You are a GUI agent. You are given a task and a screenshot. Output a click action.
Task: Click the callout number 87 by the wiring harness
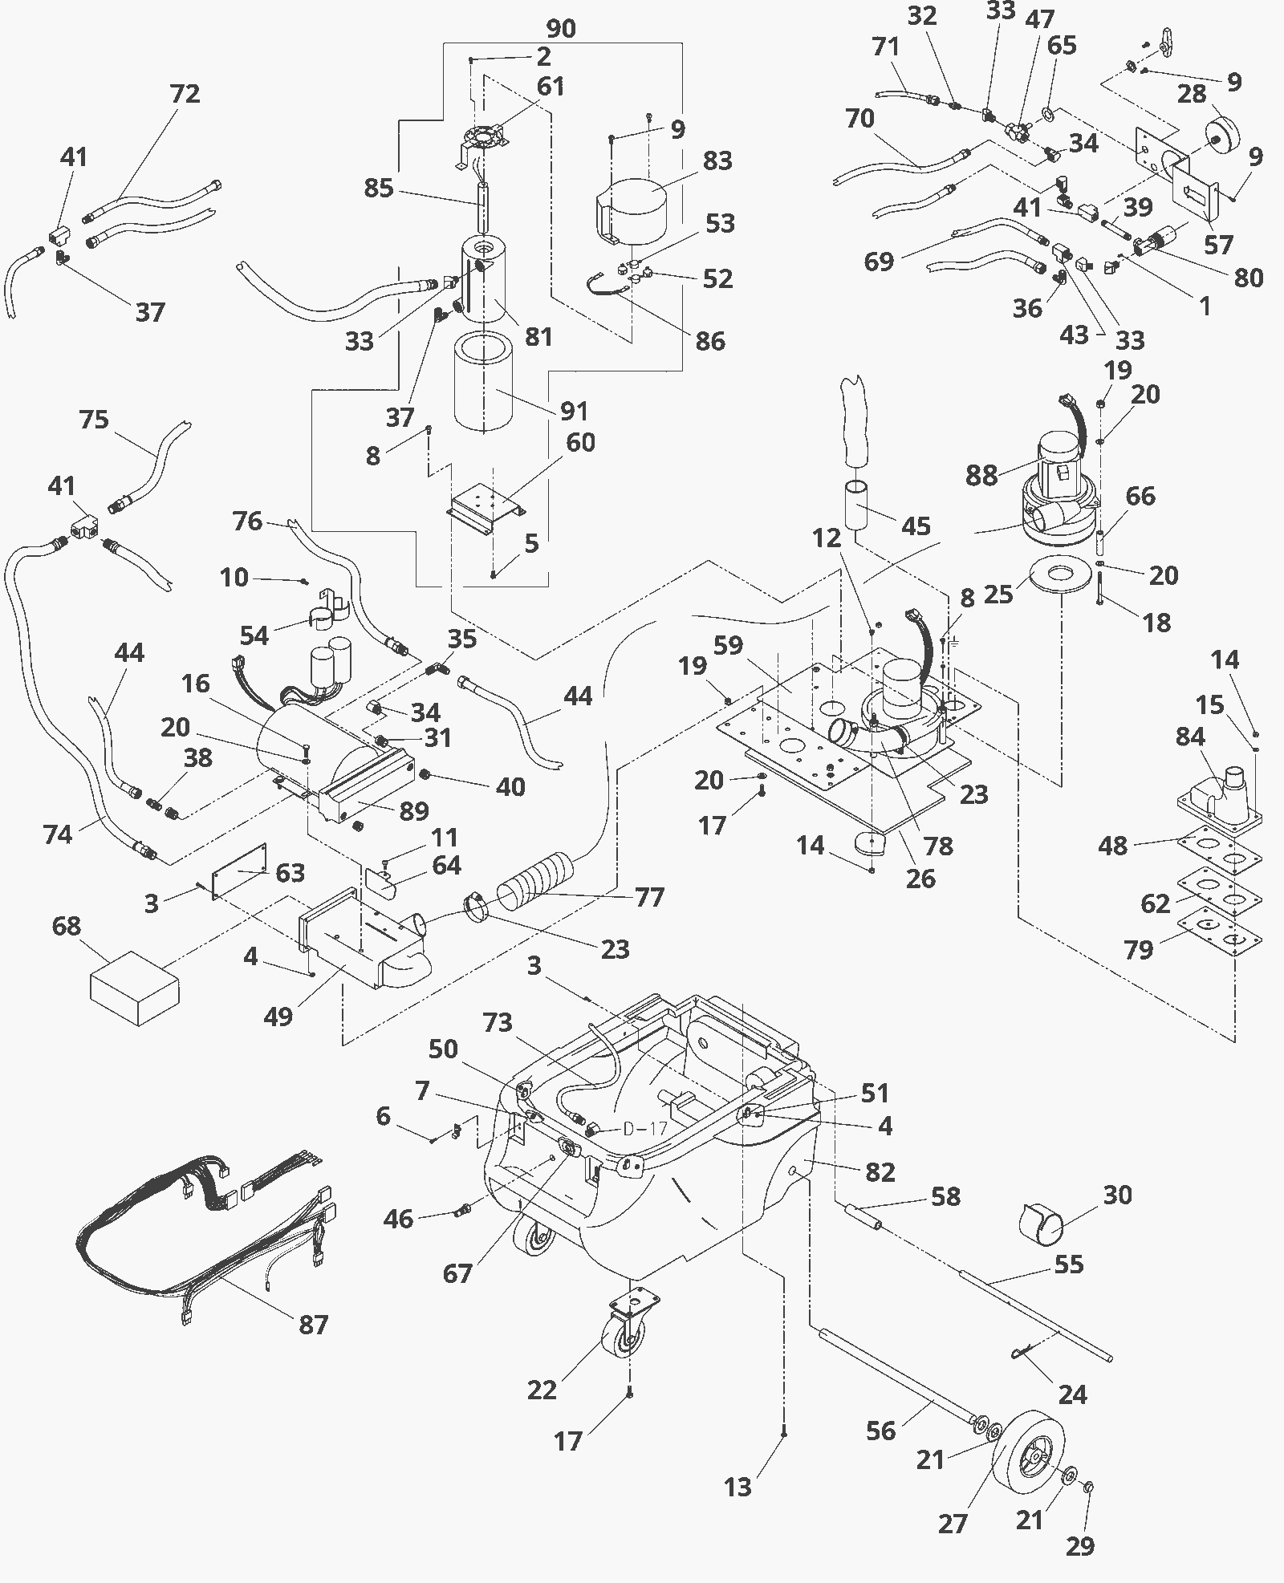[314, 1324]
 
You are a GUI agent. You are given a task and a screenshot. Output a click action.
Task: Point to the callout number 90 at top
[561, 29]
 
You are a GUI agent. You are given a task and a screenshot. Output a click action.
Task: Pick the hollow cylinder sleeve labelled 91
[483, 382]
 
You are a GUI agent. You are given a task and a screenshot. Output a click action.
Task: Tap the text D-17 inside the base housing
[645, 1128]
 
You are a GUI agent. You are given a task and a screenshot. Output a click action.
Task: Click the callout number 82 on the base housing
[880, 1172]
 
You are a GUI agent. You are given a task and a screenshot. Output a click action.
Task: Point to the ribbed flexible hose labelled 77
[537, 883]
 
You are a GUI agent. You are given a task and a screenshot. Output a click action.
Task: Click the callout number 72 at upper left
[185, 94]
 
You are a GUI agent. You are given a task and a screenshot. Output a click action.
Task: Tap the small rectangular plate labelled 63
[238, 871]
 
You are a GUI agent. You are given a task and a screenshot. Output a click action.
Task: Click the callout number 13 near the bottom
[737, 1487]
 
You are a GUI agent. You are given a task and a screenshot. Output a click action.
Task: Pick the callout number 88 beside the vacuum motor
[981, 475]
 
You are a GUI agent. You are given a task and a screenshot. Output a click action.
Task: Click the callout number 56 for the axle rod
[880, 1430]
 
